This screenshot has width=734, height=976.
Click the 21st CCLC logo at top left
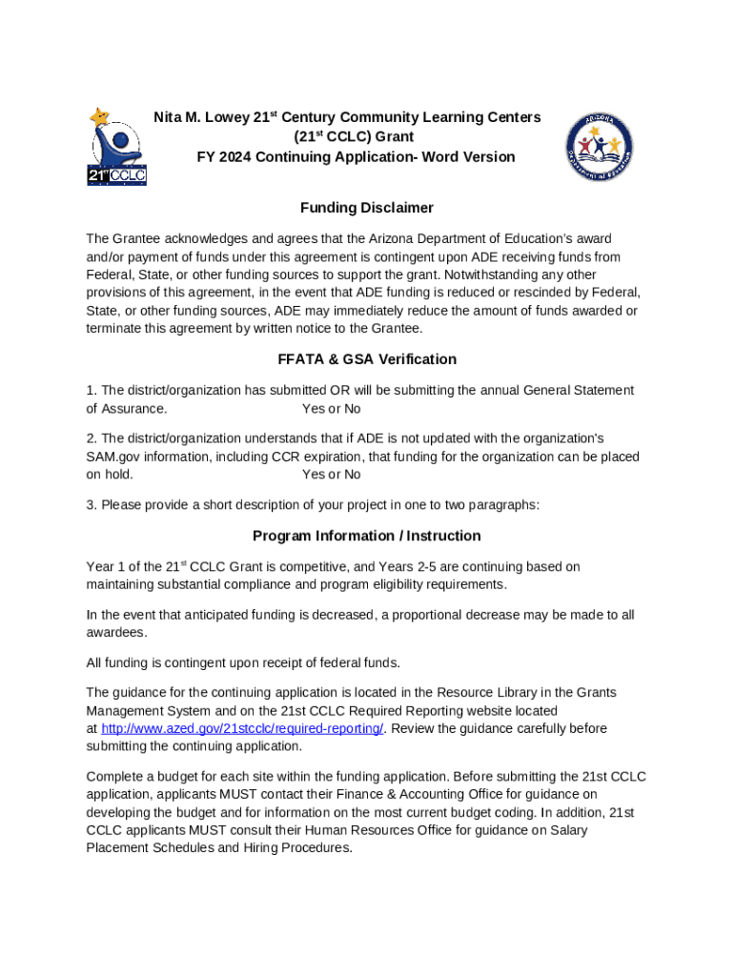click(x=117, y=147)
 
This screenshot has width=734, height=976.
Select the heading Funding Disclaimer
click(x=367, y=208)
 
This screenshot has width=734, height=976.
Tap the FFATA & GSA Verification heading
click(x=367, y=359)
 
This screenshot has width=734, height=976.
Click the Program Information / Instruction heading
click(x=367, y=536)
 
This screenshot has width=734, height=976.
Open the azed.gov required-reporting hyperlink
click(x=242, y=729)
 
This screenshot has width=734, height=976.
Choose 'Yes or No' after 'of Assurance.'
click(x=331, y=409)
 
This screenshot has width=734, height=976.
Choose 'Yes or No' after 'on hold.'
click(x=331, y=475)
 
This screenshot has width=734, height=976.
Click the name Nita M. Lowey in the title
click(x=201, y=117)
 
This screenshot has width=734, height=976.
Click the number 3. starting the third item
click(x=92, y=505)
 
